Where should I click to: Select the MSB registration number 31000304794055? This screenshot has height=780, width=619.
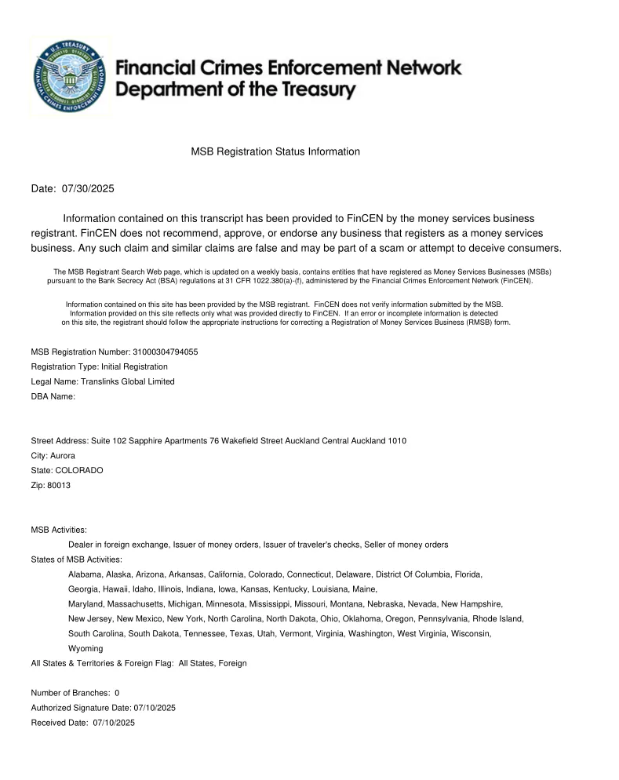click(160, 352)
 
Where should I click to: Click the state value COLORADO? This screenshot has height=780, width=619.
click(78, 470)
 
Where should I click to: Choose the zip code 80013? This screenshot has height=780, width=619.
click(58, 485)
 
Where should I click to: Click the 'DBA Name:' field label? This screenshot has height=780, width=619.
click(53, 396)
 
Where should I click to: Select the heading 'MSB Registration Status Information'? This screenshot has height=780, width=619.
click(275, 151)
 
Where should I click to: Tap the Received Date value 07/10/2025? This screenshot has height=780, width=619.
click(114, 722)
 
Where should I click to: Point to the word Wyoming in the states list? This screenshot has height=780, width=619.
click(86, 648)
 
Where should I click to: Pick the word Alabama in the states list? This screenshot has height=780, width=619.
click(86, 574)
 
